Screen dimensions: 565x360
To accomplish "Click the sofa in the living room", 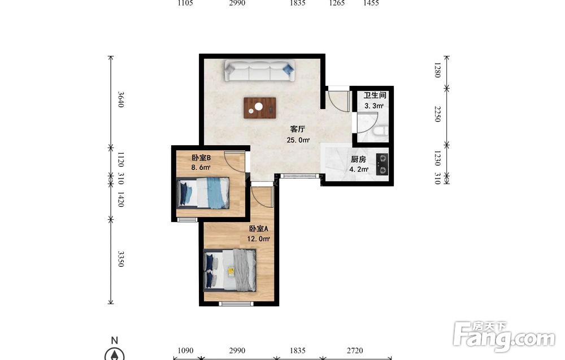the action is click(x=260, y=70).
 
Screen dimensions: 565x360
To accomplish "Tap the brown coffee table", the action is click(x=260, y=108).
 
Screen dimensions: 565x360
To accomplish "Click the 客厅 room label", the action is click(x=298, y=129).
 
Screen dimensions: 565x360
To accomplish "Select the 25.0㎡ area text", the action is click(x=298, y=140).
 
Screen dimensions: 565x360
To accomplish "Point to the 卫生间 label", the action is click(x=375, y=95).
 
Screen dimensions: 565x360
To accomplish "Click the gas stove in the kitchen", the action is click(x=383, y=164).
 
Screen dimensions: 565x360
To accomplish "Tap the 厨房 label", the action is click(x=359, y=159).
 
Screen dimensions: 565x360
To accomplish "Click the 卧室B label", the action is click(x=201, y=158).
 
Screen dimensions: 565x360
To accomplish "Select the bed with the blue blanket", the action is click(x=203, y=192).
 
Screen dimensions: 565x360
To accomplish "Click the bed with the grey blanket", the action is click(x=230, y=270).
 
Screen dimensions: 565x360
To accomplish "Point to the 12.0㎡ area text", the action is click(x=258, y=238).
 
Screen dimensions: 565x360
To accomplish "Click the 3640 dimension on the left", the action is click(x=121, y=99).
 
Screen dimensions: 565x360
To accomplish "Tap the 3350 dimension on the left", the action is click(x=121, y=259).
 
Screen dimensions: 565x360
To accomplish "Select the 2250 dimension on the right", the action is click(x=437, y=114).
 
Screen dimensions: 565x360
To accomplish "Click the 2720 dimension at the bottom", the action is click(x=355, y=350).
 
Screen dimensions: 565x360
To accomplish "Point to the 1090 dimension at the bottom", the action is click(x=185, y=350).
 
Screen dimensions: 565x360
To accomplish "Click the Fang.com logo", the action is click(x=504, y=337).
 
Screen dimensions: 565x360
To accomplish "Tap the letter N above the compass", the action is click(x=115, y=340).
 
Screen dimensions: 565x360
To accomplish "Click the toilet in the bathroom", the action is click(x=380, y=131).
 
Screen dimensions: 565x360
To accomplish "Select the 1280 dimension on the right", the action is click(x=437, y=70).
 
